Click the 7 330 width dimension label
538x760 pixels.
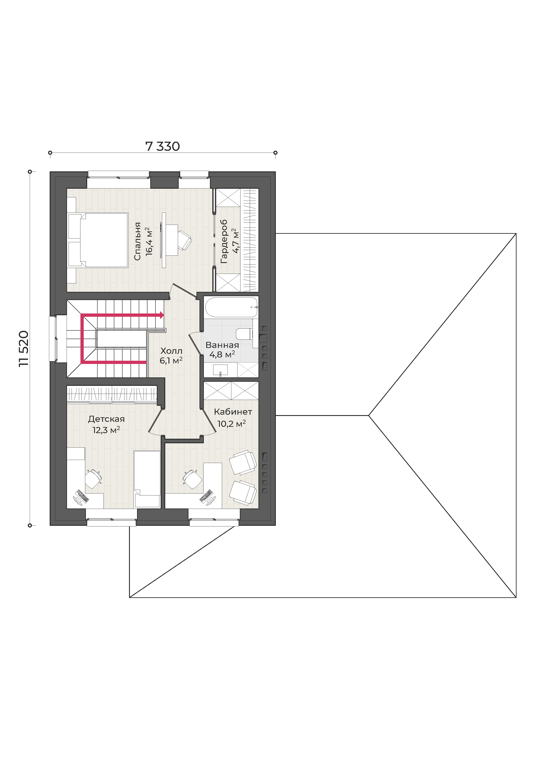coord(162,146)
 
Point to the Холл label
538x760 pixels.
coord(171,351)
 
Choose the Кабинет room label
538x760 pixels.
coord(233,412)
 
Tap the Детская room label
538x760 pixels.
coord(106,419)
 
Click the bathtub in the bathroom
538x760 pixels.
coord(231,307)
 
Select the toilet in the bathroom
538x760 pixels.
coord(244,334)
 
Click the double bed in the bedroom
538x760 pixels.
coord(98,240)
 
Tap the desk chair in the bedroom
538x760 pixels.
coord(184,240)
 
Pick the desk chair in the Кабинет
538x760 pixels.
coord(192,479)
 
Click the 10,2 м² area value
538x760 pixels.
coord(231,424)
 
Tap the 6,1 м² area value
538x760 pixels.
coord(171,361)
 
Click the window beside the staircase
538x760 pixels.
coord(53,338)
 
